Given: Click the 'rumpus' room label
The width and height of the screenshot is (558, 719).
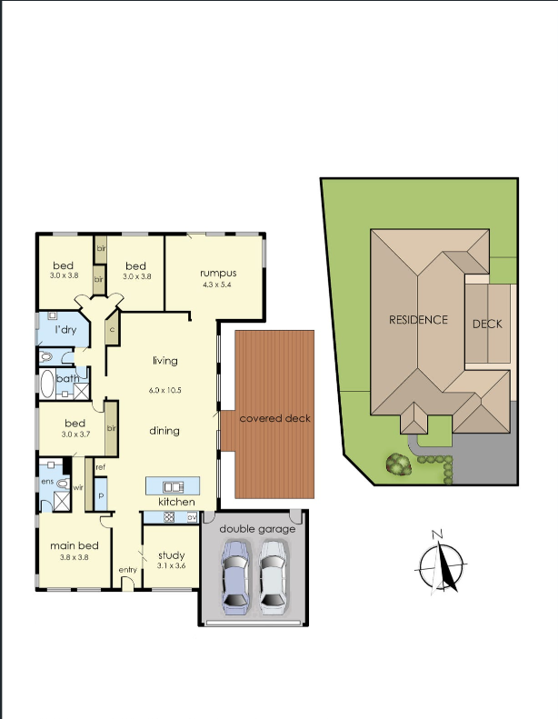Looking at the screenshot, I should click(x=218, y=273).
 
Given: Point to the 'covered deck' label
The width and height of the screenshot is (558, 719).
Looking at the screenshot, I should click(x=274, y=418).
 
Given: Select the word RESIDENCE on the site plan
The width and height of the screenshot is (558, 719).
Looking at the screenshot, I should click(x=419, y=319).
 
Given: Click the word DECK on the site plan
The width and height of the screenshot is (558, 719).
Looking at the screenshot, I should click(x=487, y=324).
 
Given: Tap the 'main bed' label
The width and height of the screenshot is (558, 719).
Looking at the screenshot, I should click(x=73, y=545).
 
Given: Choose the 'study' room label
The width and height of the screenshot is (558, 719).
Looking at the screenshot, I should click(x=171, y=555).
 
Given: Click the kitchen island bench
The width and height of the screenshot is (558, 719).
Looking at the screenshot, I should click(x=173, y=485).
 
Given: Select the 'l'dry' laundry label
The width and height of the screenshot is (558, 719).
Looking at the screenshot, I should click(x=65, y=329).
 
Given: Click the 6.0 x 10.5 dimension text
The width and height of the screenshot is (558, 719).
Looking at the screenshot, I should click(x=165, y=389).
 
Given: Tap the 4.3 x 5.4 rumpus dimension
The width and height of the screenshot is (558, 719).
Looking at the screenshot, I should click(x=218, y=285).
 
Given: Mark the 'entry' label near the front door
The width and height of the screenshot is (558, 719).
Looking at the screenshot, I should click(x=127, y=570).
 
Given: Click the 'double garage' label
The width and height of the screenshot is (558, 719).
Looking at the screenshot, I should click(x=257, y=528).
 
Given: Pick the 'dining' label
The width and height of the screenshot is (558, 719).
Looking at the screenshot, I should click(x=164, y=431).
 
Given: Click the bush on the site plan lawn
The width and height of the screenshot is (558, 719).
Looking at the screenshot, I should click(x=397, y=464).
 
